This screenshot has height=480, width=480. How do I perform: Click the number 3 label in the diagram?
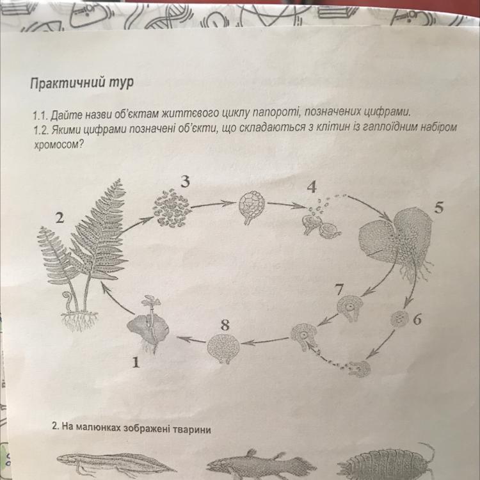pos(185,182)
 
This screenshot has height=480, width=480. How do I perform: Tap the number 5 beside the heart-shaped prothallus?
pos(438,208)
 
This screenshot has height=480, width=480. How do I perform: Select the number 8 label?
pos(225,324)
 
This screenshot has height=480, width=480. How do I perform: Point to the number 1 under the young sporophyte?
pos(136,363)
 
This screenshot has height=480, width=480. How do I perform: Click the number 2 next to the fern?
pos(60,218)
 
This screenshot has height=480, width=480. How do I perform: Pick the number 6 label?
pos(417,319)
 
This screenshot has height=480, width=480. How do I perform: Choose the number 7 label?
pos(339,289)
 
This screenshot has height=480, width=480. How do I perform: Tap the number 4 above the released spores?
pos(312,188)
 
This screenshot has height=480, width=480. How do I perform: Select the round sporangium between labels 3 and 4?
pos(252,205)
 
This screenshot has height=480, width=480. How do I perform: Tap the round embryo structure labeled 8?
pos(223,348)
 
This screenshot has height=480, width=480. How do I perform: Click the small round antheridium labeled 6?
pos(399,319)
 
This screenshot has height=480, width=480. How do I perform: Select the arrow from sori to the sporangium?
pos(214,204)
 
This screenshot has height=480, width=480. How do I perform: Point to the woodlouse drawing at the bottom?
pos(387,462)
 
